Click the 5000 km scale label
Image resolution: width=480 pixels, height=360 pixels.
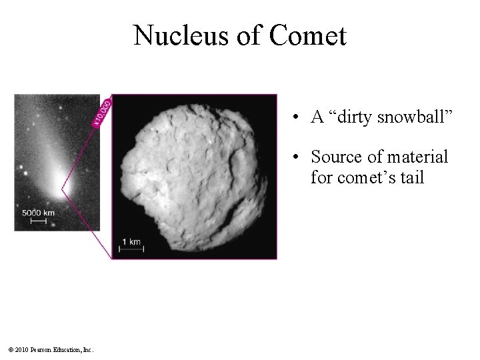click(38, 212)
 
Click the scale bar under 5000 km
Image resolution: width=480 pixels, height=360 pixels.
click(38, 219)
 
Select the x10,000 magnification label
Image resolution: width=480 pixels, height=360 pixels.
click(103, 111)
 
